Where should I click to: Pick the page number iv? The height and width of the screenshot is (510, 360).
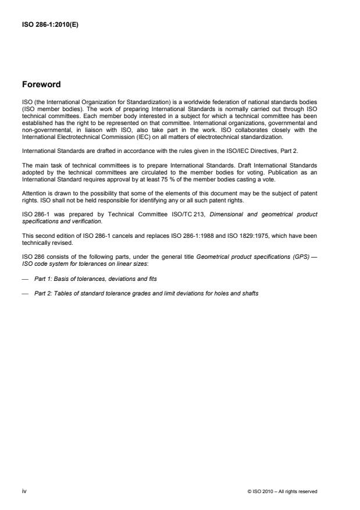24,491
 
